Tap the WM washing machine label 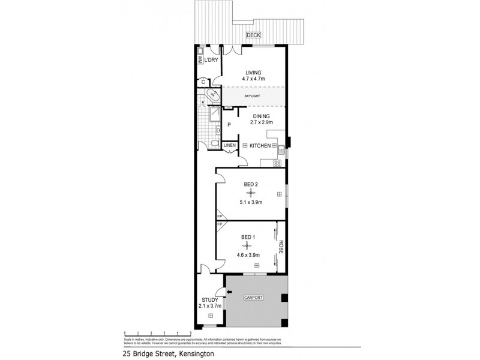(200, 59)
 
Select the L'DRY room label (211, 61)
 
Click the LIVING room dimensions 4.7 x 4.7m (253, 78)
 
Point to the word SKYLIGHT (252, 96)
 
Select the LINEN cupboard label (230, 146)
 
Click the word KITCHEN (259, 146)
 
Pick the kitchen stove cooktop (278, 162)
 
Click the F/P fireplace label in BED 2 (220, 215)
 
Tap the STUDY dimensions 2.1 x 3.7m (211, 305)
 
